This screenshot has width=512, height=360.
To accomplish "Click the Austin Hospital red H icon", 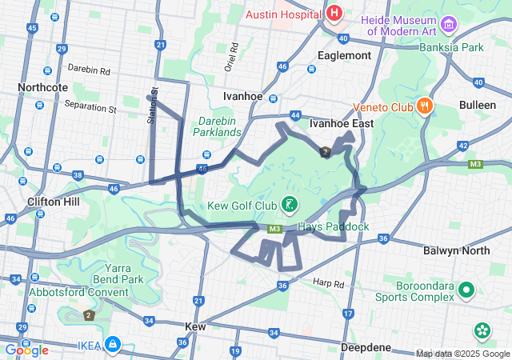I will click(334, 14).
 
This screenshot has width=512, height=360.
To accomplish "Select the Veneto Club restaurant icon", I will click(424, 106).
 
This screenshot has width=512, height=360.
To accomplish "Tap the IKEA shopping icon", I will click(113, 345).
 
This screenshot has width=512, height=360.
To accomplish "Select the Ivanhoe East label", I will click(342, 124).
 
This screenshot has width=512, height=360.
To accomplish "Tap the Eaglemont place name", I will click(344, 55).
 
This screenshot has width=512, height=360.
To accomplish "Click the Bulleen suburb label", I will click(478, 105).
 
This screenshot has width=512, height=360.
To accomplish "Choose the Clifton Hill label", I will click(53, 202).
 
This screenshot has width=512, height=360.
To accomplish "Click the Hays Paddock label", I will click(333, 227).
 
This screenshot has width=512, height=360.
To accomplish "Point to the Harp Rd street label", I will click(328, 283).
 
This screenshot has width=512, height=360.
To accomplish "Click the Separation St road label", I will click(90, 106).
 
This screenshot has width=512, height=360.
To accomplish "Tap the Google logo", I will click(26, 350).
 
